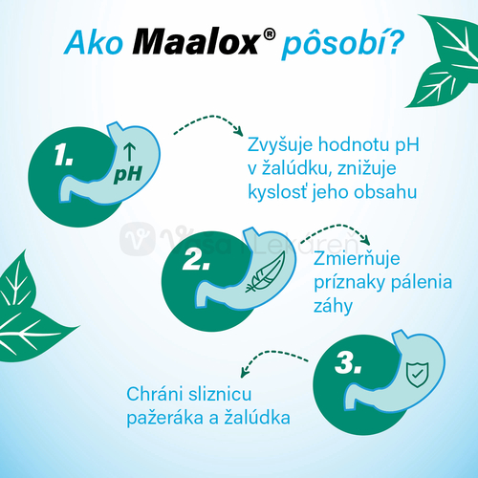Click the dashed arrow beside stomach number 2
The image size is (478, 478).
(x=337, y=235)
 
